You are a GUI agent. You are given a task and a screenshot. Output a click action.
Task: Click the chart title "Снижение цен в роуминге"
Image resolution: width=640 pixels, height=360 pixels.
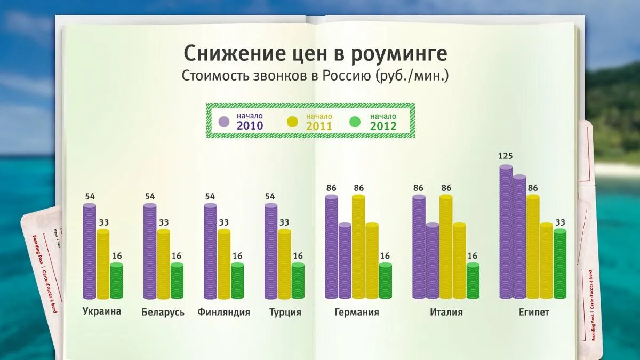(x=315, y=54)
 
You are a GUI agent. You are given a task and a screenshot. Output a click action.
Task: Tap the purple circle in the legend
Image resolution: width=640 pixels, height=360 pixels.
(x=224, y=121)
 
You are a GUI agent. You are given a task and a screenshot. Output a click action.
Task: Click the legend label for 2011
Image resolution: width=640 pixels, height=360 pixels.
(x=318, y=122)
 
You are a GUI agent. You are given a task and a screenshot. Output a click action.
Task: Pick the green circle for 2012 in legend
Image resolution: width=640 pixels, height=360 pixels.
(x=355, y=122)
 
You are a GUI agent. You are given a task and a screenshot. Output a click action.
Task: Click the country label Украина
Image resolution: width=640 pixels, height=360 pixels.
(x=102, y=311)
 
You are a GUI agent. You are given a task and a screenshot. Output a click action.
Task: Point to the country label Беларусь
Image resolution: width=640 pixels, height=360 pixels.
(x=163, y=312)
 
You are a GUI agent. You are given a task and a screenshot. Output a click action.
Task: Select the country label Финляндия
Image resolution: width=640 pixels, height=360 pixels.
(x=223, y=312)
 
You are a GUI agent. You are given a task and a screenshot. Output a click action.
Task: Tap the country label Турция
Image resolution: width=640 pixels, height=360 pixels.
(x=285, y=312)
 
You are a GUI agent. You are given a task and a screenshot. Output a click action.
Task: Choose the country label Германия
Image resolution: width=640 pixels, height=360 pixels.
(x=357, y=312)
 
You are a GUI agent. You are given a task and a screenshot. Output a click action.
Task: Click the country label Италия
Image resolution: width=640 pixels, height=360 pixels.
(x=446, y=312)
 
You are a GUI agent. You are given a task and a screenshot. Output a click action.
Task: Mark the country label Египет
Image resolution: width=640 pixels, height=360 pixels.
(x=533, y=312)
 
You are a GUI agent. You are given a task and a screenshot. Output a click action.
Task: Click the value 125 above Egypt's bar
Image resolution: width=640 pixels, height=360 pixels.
(x=505, y=156)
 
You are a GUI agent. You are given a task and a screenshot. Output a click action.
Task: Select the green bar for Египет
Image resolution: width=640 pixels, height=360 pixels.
(x=559, y=264)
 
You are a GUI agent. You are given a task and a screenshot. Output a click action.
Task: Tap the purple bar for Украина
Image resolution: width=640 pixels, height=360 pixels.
(x=90, y=251)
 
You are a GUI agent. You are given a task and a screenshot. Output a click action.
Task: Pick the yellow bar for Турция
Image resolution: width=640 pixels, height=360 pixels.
(x=284, y=264)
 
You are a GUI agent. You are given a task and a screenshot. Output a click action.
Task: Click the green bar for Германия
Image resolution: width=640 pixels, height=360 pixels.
(x=385, y=281)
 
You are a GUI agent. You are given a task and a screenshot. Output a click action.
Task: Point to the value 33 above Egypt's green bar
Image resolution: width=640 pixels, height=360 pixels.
(x=559, y=222)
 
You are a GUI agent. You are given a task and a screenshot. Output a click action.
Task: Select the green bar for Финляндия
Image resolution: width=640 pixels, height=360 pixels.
(x=237, y=281)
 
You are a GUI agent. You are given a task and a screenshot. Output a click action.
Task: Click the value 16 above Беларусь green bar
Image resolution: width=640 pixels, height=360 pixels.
(x=177, y=256)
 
